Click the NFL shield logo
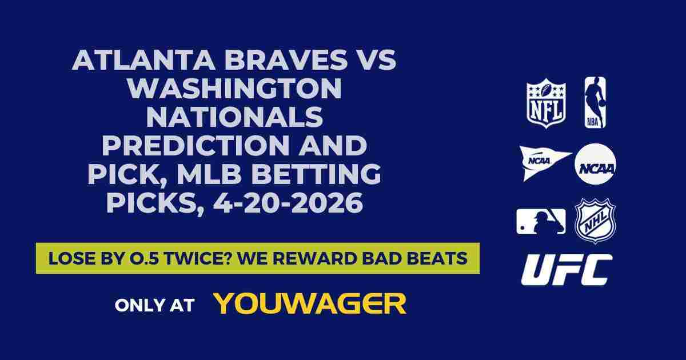(x=546, y=103)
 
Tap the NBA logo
(x=595, y=103)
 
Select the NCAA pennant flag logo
(x=545, y=162)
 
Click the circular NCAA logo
(x=595, y=164)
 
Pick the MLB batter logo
(x=541, y=221)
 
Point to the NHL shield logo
(x=595, y=221)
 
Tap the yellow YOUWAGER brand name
(x=310, y=304)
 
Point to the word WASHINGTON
(x=234, y=90)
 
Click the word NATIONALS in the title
(x=234, y=118)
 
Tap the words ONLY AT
(x=154, y=305)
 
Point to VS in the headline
(x=376, y=61)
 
